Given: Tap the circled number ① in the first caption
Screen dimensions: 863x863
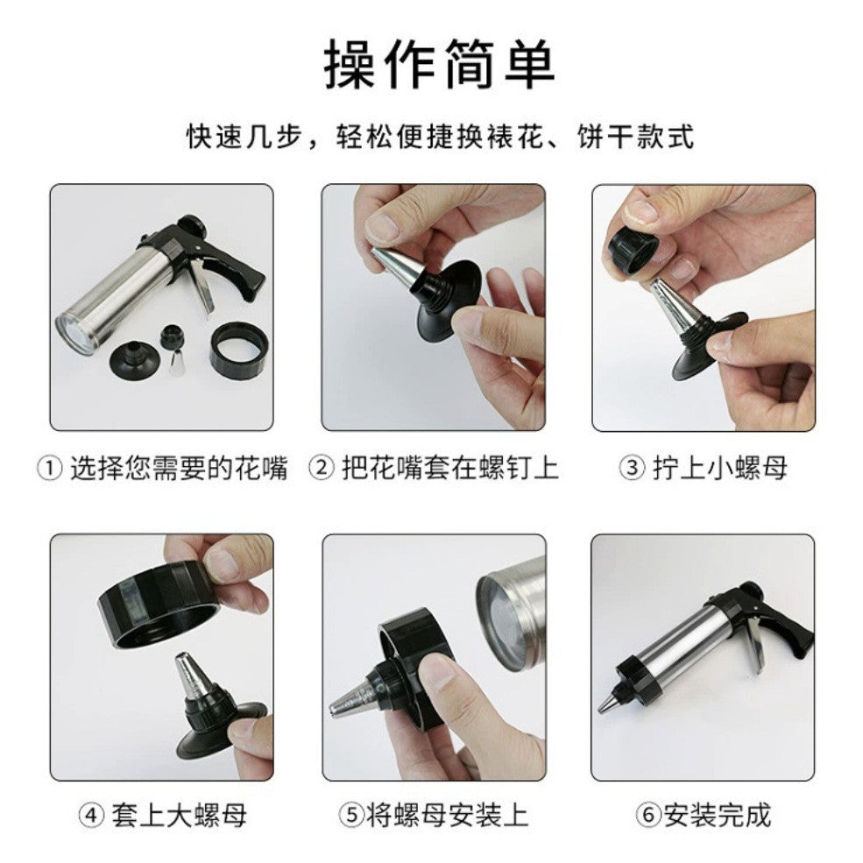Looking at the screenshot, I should (49, 469).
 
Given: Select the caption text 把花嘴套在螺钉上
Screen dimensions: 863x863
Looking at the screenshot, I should (448, 469).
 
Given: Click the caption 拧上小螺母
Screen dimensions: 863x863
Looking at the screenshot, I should (719, 469).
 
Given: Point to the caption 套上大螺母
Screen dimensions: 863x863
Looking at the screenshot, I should (179, 816).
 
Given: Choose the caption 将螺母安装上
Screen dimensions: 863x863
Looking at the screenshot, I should (447, 816).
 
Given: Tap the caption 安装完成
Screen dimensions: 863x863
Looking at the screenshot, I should (717, 816).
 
